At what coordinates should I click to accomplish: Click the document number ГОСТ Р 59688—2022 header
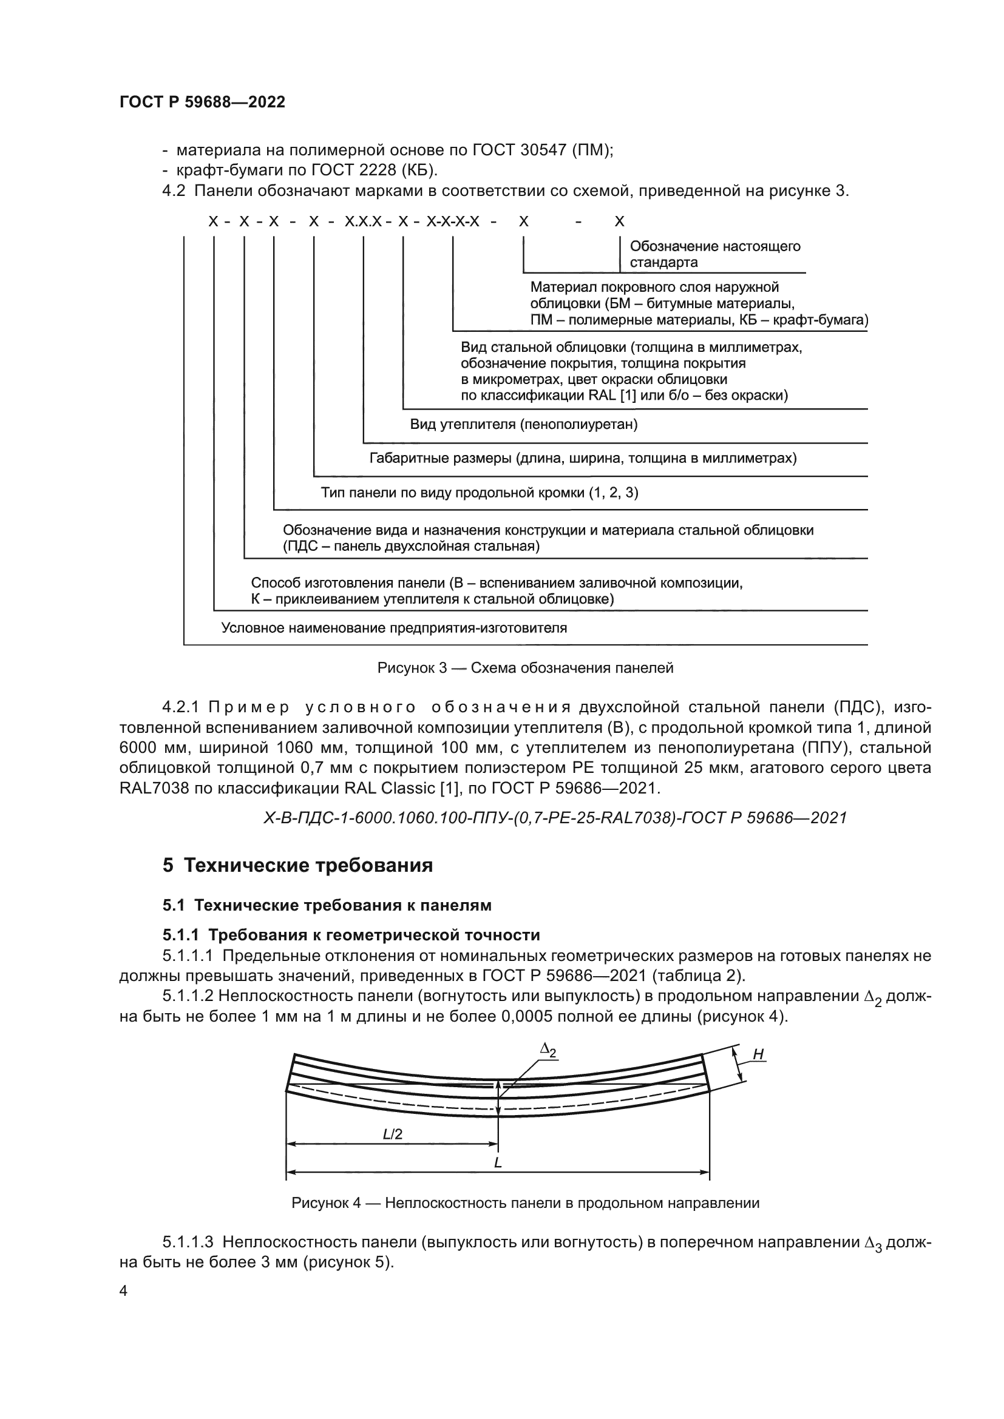[202, 103]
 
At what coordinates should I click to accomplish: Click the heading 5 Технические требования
[297, 865]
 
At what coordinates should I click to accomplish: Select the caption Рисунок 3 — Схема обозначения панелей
[525, 667]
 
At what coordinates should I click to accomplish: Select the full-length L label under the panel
[498, 1163]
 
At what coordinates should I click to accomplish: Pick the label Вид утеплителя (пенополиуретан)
[524, 425]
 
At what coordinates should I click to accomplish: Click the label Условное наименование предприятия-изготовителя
[394, 629]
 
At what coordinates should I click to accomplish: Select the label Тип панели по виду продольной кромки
[479, 493]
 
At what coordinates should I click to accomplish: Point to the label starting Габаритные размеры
[582, 459]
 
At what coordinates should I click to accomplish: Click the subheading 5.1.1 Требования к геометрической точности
[351, 934]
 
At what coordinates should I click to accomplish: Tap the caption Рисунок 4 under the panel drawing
[525, 1202]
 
